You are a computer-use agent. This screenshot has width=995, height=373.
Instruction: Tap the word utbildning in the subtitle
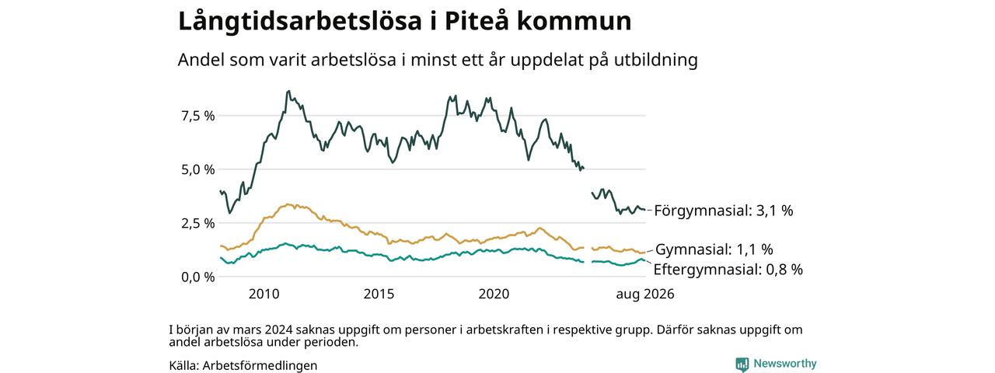[x=656, y=60]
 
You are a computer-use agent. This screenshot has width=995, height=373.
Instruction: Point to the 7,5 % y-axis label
[x=197, y=117]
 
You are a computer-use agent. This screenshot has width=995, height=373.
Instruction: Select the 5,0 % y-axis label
[x=197, y=169]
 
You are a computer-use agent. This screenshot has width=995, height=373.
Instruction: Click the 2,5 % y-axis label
[x=197, y=223]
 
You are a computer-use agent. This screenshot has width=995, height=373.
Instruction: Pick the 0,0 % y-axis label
[x=197, y=277]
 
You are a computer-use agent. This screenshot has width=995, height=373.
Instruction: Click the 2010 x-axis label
[x=264, y=294]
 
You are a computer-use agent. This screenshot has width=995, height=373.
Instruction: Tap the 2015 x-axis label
[x=379, y=294]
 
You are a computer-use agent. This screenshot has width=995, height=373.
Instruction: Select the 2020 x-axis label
[x=494, y=294]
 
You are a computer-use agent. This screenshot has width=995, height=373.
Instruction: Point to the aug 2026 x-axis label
[x=645, y=294]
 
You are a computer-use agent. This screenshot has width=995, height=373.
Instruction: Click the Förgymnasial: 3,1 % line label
[x=724, y=211]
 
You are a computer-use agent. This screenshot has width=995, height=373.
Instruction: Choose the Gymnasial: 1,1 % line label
[x=714, y=249]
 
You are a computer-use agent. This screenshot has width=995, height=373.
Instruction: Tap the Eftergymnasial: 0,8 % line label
[x=728, y=270]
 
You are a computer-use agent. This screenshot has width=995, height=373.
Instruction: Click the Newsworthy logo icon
[x=742, y=364]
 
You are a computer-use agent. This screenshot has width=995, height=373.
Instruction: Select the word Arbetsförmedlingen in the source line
[x=260, y=366]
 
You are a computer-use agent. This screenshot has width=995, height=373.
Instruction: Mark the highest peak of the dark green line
[x=288, y=91]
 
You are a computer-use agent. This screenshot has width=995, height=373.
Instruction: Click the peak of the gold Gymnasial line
[x=288, y=204]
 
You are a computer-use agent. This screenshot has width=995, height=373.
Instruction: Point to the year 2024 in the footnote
[x=278, y=330]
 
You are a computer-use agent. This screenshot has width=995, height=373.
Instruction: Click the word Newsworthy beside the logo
[x=785, y=364]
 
